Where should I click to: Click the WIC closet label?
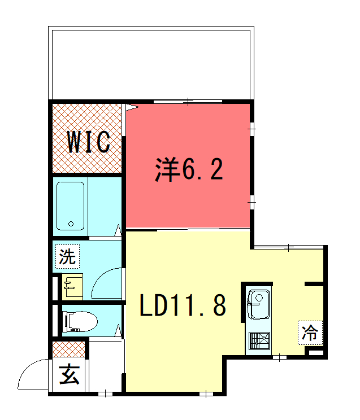pos(89,142)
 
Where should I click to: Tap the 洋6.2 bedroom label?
pos(189,169)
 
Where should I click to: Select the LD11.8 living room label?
pos(183,305)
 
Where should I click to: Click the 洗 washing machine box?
pos(68,256)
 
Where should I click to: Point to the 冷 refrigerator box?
pos(310,333)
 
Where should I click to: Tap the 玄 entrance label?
pos(69,374)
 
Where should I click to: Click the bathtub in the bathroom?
pos(71,206)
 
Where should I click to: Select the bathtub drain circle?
pos(71,224)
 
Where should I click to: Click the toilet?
pos(80,321)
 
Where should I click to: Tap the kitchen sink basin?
pos(258,304)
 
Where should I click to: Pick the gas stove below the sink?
pos(259,341)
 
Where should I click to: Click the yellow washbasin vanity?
pos(72,287)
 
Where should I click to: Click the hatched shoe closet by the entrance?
pos(69,349)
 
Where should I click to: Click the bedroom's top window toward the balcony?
pos(188,102)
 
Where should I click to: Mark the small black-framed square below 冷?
pos(316,352)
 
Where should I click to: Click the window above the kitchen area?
pos(289,247)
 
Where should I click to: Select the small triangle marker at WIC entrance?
pos(132,107)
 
